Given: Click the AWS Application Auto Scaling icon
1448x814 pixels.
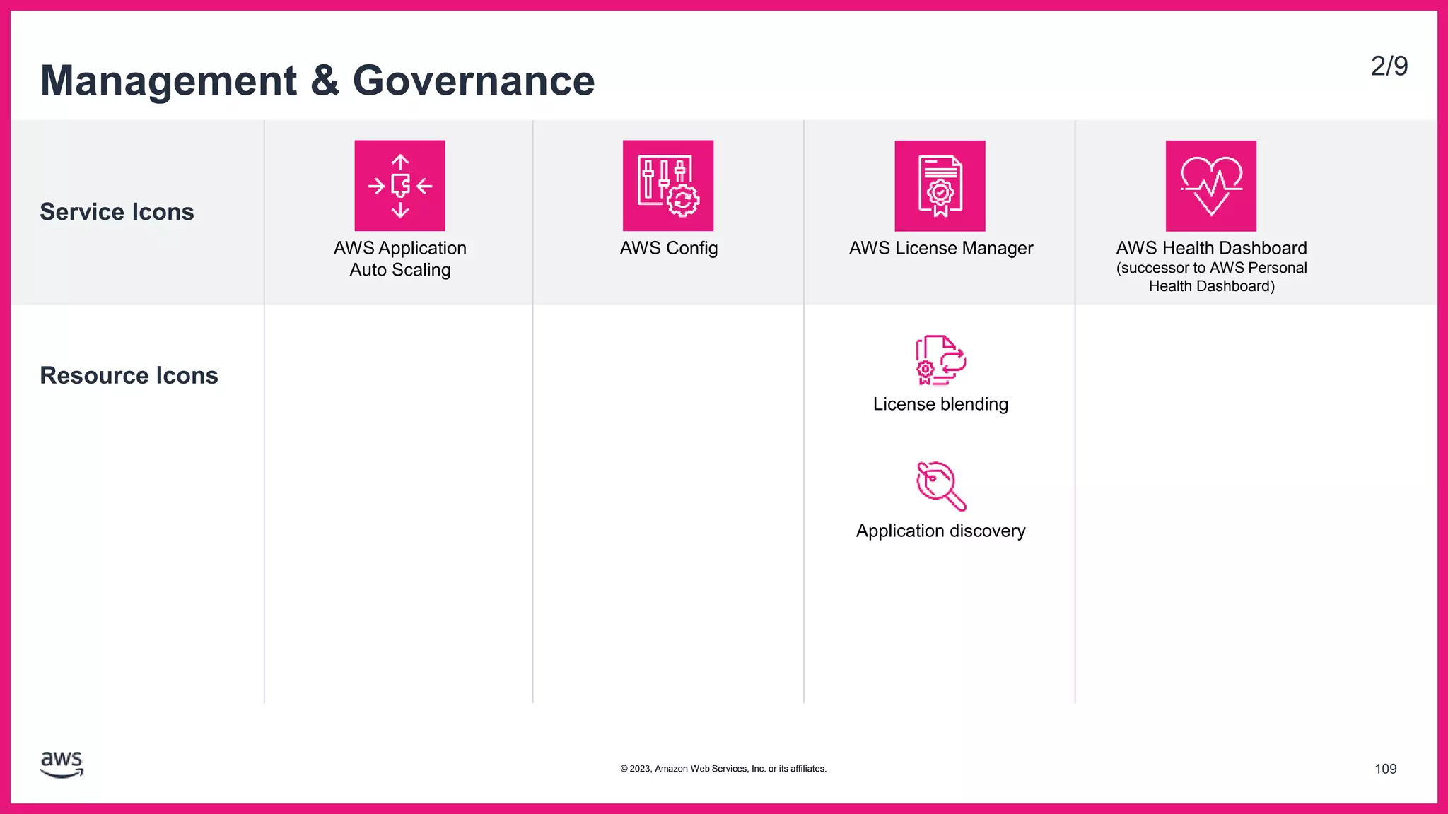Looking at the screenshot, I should pos(399,186).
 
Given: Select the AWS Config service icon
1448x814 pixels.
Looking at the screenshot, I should pos(668,186).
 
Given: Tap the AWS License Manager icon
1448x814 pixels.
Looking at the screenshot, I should pos(940,186).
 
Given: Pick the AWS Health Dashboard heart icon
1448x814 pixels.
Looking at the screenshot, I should pos(1211,186).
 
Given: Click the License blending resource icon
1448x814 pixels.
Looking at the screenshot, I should pos(940,360).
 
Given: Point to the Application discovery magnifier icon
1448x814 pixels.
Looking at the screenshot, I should pos(940,486).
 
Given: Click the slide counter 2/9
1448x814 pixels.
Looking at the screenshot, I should pos(1389,66).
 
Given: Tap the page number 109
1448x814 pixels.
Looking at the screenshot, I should pos(1385,769).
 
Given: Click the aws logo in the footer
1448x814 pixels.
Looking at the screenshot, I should pos(62,765).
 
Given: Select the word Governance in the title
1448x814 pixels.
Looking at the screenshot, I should pos(474,81).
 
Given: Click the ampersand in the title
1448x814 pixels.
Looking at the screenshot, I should pos(325,81).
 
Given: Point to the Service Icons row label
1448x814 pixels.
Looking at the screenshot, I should pos(117,212).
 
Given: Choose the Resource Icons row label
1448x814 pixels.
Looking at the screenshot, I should pos(129,375).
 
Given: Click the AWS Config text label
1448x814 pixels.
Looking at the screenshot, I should pos(669,248).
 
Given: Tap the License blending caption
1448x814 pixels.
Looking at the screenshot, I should pos(940,404).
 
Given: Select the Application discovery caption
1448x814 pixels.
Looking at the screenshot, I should pos(940,531).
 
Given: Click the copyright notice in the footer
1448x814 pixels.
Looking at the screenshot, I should pos(723,769).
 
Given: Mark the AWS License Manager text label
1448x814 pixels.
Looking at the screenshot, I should pos(940,248).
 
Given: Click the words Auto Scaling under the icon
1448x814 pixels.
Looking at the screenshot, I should pos(400,270).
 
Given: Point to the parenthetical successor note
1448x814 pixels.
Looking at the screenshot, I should pos(1211,277).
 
